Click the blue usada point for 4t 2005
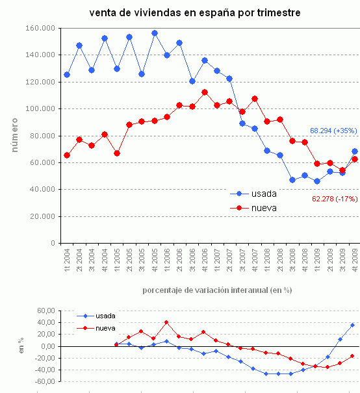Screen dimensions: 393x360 coord(155,33)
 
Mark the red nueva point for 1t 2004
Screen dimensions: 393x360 coord(67,155)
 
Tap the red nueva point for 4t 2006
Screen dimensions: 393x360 coord(204,92)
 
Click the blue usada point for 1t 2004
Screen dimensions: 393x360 coord(67,75)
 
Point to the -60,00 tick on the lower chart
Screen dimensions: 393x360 coord(42,382)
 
